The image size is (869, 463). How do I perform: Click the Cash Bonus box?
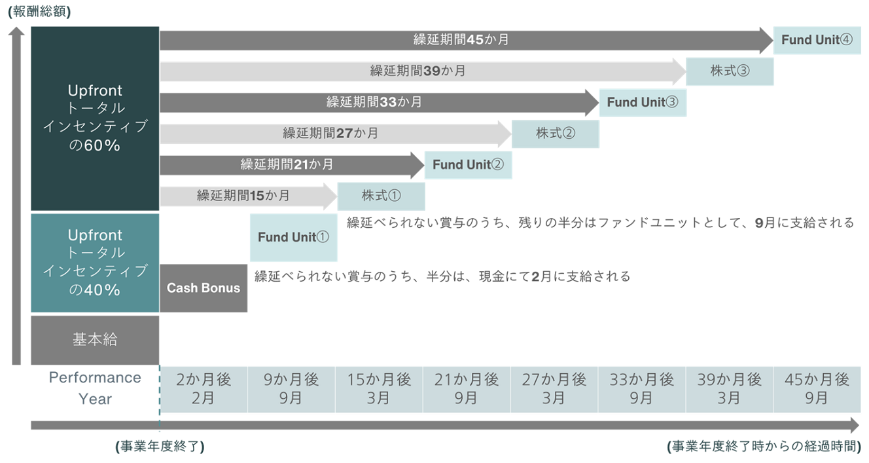click(204, 288)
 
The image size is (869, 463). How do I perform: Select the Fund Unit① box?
click(293, 237)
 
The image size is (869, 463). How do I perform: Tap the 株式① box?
click(381, 196)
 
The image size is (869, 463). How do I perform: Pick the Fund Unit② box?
click(468, 165)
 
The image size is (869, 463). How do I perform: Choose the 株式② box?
click(555, 134)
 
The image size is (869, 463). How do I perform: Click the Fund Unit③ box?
click(643, 102)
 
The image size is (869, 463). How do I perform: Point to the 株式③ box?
click(730, 71)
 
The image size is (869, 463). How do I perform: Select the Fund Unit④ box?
click(817, 40)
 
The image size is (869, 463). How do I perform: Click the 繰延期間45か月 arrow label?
click(461, 40)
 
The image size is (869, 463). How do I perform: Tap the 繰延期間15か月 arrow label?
click(243, 196)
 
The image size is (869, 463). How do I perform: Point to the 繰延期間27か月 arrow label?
click(330, 134)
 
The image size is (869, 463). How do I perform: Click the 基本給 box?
click(95, 340)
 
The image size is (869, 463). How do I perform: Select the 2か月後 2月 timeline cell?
click(204, 389)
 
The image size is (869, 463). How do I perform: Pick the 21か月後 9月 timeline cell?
click(466, 389)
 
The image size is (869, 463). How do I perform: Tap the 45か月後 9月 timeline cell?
click(817, 389)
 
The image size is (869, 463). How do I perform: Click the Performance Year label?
click(95, 388)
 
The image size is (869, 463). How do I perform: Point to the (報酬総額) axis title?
click(39, 12)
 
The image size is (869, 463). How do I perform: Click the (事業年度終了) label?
click(160, 447)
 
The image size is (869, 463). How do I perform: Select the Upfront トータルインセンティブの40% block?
click(95, 263)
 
